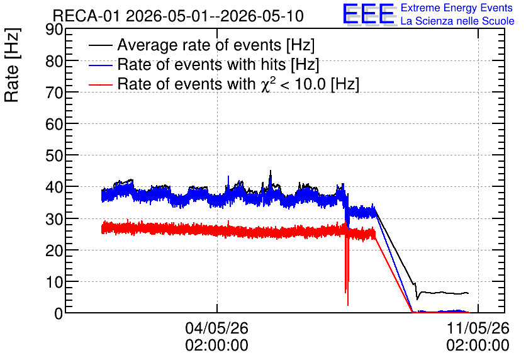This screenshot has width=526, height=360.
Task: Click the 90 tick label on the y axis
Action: [x=54, y=30]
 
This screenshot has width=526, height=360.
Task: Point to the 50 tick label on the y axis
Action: [x=54, y=155]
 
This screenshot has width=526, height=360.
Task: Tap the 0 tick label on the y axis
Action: [x=59, y=313]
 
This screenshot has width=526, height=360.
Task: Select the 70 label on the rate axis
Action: [x=54, y=93]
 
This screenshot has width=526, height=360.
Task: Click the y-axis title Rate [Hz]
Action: [x=12, y=65]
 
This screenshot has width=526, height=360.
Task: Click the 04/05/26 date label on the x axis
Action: [x=216, y=328]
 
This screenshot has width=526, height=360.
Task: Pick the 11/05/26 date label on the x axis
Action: [x=478, y=328]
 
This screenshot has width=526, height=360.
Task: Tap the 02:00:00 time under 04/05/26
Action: [x=216, y=346]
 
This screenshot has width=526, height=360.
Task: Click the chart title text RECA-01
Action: [x=86, y=16]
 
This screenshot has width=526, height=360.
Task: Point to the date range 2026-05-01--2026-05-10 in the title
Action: [x=215, y=16]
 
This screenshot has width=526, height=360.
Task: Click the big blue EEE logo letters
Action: [x=368, y=14]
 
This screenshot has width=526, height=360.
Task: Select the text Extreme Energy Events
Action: [x=457, y=8]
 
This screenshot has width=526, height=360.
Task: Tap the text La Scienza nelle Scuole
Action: [x=457, y=21]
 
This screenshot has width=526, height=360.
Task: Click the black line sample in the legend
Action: [x=100, y=45]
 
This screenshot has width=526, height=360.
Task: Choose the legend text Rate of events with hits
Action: [x=201, y=64]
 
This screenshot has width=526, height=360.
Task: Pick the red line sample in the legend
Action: [x=100, y=84]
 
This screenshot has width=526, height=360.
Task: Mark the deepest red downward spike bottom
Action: [x=348, y=305]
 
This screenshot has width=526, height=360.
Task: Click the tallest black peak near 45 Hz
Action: [x=271, y=171]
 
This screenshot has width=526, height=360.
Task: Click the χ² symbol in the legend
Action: [x=266, y=84]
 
